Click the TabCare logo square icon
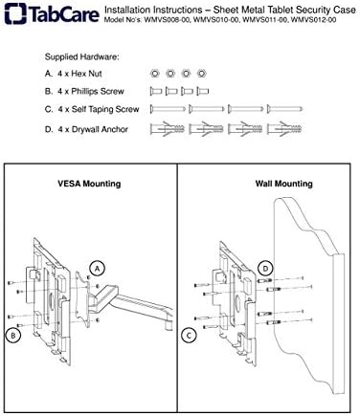pyautogui.click(x=15, y=13)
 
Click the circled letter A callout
pyautogui.click(x=98, y=269)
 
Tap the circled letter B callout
pyautogui.click(x=13, y=336)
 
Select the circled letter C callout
pyautogui.click(x=189, y=336)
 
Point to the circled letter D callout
pyautogui.click(x=265, y=269)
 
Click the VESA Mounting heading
pyautogui.click(x=89, y=184)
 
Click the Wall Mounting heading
pyautogui.click(x=283, y=184)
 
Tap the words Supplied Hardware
pyautogui.click(x=81, y=57)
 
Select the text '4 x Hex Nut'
pyautogui.click(x=79, y=74)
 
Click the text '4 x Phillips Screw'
pyautogui.click(x=91, y=92)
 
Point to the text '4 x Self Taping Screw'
pyautogui.click(x=99, y=109)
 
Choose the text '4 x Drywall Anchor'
pyautogui.click(x=93, y=129)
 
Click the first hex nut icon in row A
pyautogui.click(x=155, y=74)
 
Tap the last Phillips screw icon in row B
pyautogui.click(x=203, y=92)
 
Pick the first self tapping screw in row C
pyautogui.click(x=168, y=109)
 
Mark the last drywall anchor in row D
pyautogui.click(x=284, y=129)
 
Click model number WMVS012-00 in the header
pyautogui.click(x=314, y=20)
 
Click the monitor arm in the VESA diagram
pyautogui.click(x=134, y=303)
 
